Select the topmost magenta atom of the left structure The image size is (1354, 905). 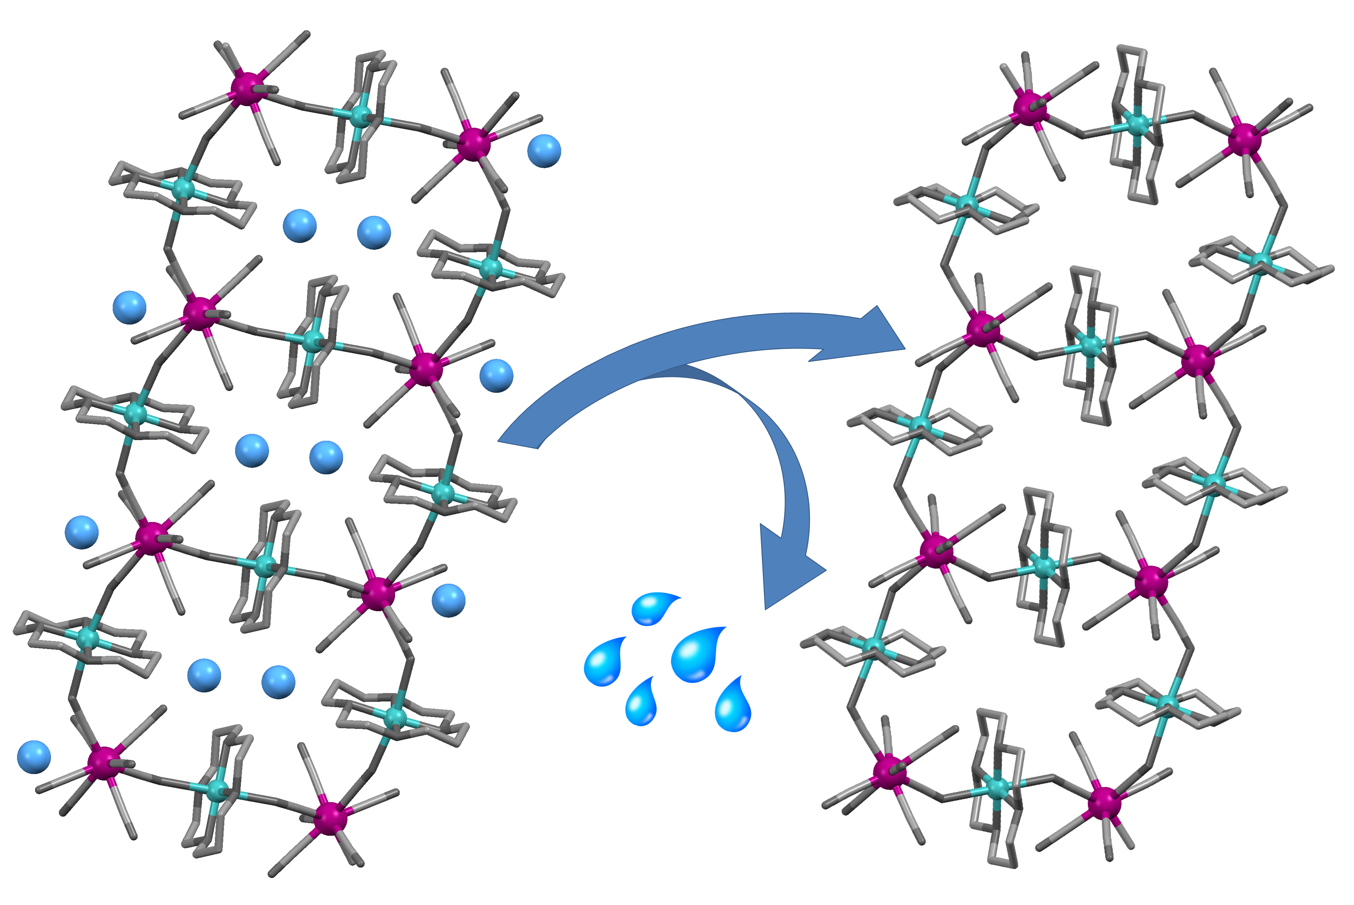click(247, 88)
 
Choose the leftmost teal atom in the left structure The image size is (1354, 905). click(88, 638)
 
